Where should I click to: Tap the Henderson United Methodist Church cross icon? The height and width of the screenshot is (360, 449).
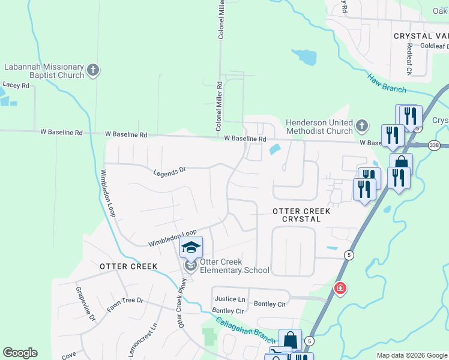(x=361, y=126)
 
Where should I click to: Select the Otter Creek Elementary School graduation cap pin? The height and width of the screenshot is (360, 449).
(x=191, y=248)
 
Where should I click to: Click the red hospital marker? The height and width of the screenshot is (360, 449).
(x=340, y=289)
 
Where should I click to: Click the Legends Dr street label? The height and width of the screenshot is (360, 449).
(x=170, y=172)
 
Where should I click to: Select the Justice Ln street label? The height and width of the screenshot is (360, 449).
(x=230, y=299)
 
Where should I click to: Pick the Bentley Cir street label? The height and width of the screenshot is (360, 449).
(x=228, y=311)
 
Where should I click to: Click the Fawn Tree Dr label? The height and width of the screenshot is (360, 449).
(x=125, y=304)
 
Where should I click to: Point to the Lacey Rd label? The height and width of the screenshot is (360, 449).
(x=16, y=86)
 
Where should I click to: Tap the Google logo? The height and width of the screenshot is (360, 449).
(x=20, y=353)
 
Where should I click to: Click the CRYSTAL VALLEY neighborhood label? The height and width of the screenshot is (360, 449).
(x=421, y=37)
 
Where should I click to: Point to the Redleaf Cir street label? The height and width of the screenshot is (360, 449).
(x=409, y=59)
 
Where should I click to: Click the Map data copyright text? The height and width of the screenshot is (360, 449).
(x=411, y=355)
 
